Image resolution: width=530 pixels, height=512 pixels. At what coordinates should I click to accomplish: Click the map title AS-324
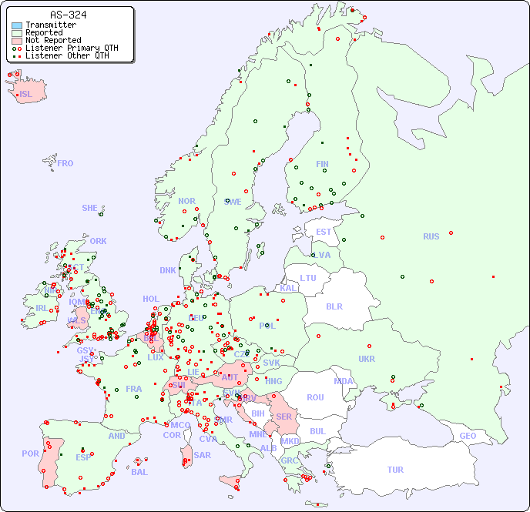point(68,15)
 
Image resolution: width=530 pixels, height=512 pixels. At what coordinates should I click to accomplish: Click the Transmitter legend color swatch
point(17,25)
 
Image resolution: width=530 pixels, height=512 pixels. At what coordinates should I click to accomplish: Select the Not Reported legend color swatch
point(17,40)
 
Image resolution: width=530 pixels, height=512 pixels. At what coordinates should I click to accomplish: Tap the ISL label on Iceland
point(26,95)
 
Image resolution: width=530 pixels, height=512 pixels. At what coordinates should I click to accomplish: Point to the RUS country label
point(431,236)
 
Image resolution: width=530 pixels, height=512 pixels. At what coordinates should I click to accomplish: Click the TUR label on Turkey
point(395,470)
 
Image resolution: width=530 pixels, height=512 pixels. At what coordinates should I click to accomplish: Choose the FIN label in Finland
point(322,164)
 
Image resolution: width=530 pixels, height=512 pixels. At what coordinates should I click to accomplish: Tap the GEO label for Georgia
point(468,436)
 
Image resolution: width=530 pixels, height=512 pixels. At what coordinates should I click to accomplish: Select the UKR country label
point(367,359)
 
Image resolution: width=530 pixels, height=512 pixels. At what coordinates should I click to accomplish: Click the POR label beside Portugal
point(30,453)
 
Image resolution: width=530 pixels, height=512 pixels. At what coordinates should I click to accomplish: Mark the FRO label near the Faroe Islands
point(65,163)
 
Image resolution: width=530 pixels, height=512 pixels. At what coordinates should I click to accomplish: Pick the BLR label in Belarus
point(334,306)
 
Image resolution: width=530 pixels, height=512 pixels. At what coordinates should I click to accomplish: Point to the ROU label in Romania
point(315,397)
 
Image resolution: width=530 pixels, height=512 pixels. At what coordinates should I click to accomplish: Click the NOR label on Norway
point(186,201)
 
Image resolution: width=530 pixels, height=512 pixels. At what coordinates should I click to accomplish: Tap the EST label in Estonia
point(324,232)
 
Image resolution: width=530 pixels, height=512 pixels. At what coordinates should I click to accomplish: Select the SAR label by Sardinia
point(202,455)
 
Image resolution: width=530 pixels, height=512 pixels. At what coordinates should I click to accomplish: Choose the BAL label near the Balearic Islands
point(139,472)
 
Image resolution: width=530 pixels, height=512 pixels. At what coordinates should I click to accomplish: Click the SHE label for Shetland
point(90,208)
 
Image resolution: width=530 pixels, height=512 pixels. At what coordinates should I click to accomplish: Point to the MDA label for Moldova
point(344,381)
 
